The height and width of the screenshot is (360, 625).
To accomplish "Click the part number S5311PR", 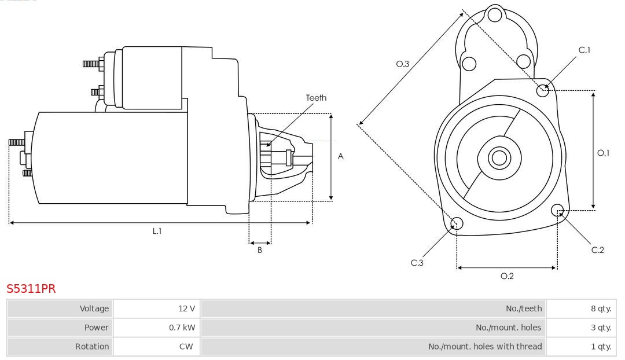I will pos(31,289).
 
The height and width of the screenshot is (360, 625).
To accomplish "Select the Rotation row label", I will pos(91,347).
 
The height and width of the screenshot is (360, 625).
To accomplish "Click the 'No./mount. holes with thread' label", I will pos(485,347).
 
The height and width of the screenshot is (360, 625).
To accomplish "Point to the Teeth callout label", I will pos(316,98).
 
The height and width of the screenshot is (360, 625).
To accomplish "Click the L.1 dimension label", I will pos(157,231).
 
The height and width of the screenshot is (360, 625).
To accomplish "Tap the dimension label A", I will pos(340,156).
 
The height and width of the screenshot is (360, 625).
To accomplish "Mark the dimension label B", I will pos(260,251).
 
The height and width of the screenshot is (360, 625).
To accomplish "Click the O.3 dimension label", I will pos(403,64).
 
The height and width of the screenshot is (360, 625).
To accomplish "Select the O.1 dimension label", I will pos(604,153).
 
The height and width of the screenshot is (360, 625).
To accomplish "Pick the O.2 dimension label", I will pos(507,276).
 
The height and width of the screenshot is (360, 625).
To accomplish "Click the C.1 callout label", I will pos(584,50).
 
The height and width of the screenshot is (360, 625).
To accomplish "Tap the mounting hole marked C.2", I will pos(558,210).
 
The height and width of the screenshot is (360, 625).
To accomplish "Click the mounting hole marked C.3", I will pos(457,224).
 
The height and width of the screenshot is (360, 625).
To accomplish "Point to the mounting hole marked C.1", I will pos(543,90).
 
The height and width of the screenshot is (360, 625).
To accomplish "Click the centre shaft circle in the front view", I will pos(498,157).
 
